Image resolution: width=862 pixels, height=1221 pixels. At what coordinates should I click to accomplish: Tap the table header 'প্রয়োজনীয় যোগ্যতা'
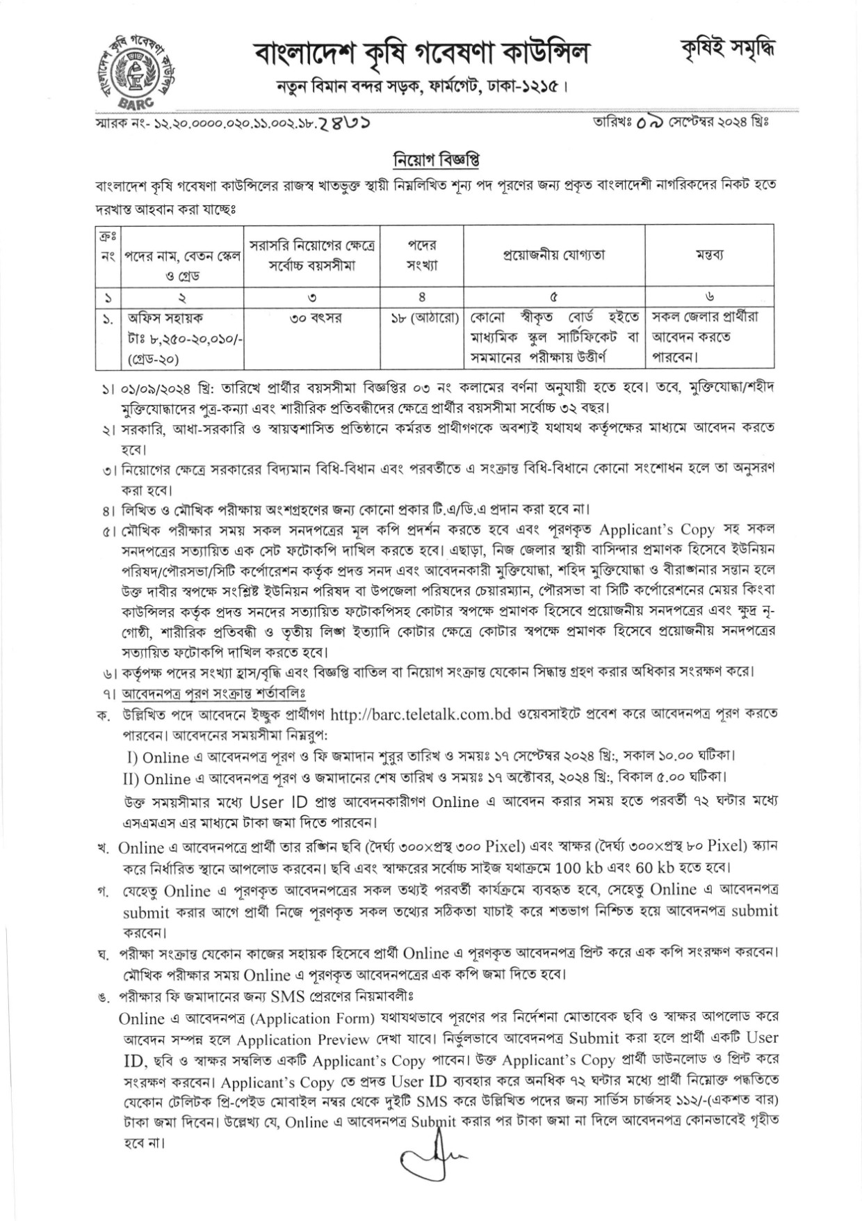[x=554, y=255]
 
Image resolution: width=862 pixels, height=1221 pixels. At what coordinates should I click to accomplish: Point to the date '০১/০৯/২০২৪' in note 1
[x=158, y=387]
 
